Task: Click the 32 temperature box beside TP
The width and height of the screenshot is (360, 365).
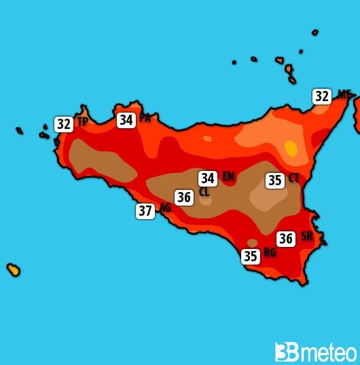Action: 64,124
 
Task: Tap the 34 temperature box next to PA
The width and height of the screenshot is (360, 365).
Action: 126,120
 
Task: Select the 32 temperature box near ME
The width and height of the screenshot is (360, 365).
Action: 322,96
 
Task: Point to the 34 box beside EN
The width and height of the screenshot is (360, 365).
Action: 208,178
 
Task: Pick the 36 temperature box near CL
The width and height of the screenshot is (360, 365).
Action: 183,197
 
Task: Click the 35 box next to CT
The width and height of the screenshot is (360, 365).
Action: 275,180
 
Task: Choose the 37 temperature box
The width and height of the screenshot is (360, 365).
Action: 145,210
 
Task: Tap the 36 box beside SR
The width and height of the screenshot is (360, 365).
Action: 286,238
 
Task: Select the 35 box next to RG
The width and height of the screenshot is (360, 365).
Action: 251,256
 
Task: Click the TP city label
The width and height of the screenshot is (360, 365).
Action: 82,122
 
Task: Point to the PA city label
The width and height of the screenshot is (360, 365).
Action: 145,118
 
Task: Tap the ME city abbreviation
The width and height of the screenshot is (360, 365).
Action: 343,95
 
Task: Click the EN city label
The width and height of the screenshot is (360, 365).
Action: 228,176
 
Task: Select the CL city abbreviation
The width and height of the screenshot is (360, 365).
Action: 204,192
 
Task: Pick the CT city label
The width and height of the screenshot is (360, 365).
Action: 293,178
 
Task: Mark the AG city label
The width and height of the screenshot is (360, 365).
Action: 165,208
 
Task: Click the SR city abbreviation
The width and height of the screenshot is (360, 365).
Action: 307,236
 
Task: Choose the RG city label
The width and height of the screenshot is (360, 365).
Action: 270,252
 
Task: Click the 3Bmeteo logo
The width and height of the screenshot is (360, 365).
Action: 315,352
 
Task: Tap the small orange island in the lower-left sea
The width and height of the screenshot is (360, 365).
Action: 13,269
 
